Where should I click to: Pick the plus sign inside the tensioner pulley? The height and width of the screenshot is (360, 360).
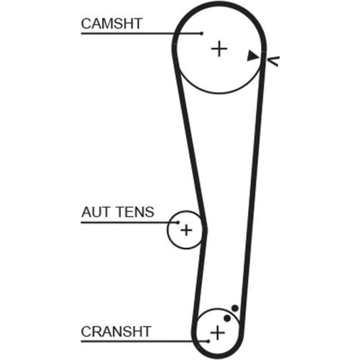tap(186, 230)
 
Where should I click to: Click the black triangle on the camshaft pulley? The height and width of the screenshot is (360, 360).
tap(253, 56)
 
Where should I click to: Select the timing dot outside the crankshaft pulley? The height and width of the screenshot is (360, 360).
tap(235, 308)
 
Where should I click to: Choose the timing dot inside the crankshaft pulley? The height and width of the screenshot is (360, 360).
tap(227, 318)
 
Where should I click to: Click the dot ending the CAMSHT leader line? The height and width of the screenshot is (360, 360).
tap(202, 33)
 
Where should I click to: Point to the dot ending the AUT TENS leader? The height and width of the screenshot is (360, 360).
tap(178, 222)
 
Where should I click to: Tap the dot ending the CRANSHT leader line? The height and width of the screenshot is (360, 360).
tap(208, 341)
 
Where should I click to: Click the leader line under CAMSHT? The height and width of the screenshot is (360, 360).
tap(140, 33)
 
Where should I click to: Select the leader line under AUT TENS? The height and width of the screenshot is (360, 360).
tap(130, 222)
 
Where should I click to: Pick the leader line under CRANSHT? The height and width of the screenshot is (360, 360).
tap(144, 341)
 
